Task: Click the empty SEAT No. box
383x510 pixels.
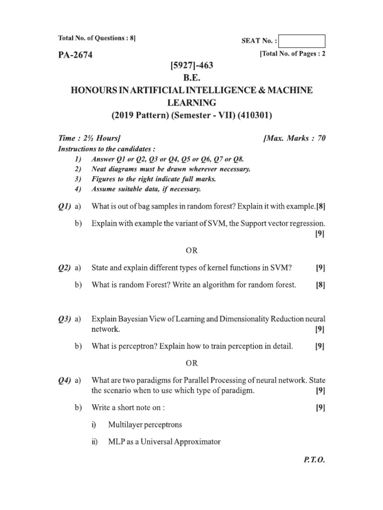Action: [302, 41]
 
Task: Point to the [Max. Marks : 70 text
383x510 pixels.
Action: [294, 138]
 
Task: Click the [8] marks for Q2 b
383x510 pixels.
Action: [320, 285]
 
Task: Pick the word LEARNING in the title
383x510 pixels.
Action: [191, 103]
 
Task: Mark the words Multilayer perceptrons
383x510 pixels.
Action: [145, 424]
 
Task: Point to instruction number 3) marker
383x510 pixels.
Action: [77, 178]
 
